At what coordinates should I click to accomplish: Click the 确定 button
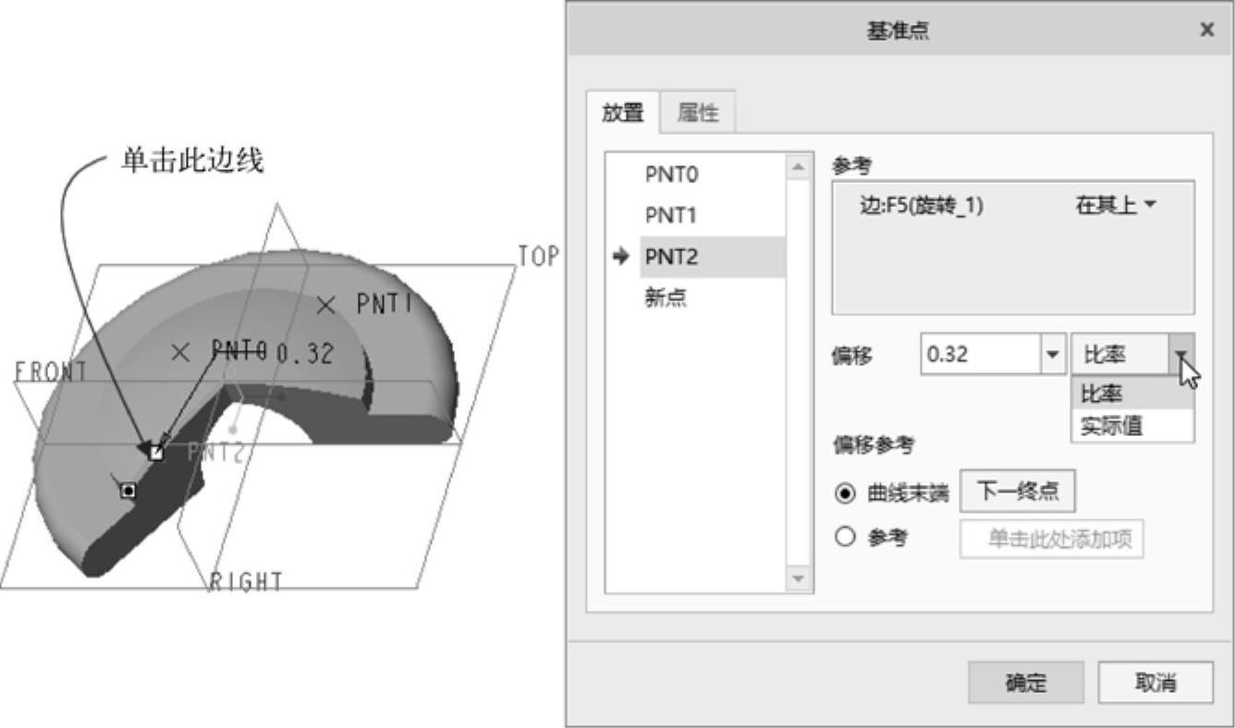(1026, 682)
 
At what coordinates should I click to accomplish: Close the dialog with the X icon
(1207, 30)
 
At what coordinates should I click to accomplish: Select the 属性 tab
(698, 113)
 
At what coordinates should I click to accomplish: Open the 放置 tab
(622, 113)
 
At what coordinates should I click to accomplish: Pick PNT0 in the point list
(671, 175)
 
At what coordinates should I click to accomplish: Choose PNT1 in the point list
(671, 215)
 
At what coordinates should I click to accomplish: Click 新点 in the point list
(666, 297)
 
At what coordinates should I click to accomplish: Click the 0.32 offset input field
(980, 355)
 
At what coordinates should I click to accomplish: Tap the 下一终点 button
(1018, 491)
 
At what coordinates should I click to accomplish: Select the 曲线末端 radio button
(845, 492)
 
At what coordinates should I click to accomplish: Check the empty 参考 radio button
(845, 537)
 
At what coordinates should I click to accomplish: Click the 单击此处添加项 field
(1051, 539)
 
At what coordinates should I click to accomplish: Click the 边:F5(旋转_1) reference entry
(922, 206)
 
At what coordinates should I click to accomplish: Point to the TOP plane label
(538, 256)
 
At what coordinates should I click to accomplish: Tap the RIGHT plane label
(246, 582)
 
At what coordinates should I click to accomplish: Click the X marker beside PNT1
(325, 305)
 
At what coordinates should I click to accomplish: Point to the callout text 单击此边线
(192, 161)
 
